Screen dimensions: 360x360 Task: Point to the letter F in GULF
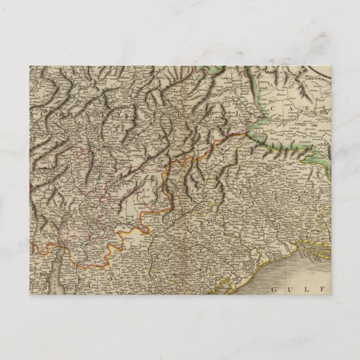pos(312,289)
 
